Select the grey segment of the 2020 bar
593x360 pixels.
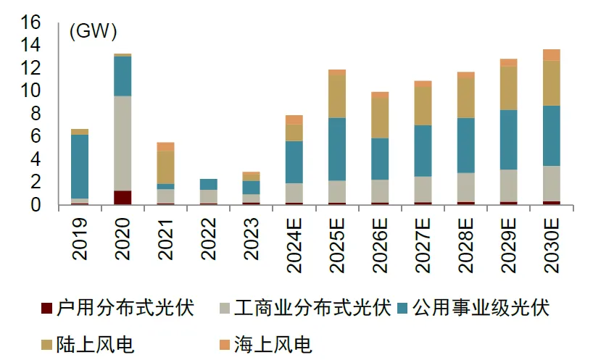[123, 143]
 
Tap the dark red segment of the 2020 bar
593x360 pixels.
[123, 198]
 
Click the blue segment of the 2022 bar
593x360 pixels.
[208, 184]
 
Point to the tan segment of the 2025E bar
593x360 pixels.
[336, 96]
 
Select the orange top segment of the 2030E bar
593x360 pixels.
[551, 54]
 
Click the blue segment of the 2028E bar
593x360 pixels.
[465, 145]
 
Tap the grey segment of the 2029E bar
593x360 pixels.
[508, 185]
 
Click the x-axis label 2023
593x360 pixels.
[251, 239]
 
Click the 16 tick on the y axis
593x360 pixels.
[30, 22]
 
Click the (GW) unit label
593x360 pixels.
[93, 31]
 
